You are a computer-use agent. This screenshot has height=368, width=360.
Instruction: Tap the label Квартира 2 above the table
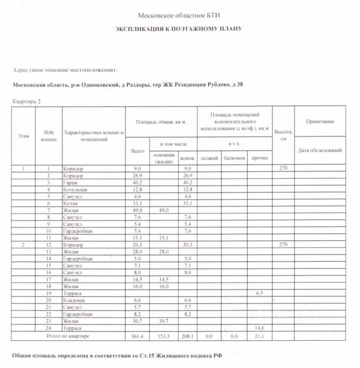[x=26, y=101]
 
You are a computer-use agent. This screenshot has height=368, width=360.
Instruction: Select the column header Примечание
[x=320, y=122]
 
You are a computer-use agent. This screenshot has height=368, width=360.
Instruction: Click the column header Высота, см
[x=283, y=135]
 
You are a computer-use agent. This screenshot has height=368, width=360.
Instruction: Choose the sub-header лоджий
[x=209, y=158]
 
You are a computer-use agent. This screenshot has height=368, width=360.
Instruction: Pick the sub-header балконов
[x=234, y=158]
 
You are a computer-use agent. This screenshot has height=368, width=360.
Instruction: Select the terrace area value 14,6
[x=260, y=328]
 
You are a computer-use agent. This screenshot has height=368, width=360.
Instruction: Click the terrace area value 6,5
[x=260, y=294]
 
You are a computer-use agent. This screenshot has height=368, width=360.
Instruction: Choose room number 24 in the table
[x=49, y=328]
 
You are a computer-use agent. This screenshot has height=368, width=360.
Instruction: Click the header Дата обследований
[x=320, y=150]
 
